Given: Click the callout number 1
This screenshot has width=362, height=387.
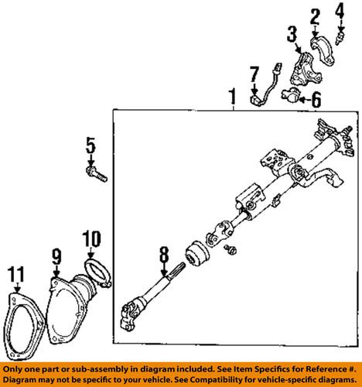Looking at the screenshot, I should pyautogui.click(x=231, y=98).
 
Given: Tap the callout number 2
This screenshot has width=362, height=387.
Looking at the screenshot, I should pyautogui.click(x=315, y=15).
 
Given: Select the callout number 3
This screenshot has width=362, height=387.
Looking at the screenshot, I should pyautogui.click(x=292, y=33).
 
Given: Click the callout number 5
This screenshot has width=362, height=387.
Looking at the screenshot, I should pyautogui.click(x=90, y=144).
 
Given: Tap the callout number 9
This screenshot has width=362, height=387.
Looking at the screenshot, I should pyautogui.click(x=56, y=254).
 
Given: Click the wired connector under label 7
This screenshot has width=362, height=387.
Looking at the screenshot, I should pyautogui.click(x=261, y=98).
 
